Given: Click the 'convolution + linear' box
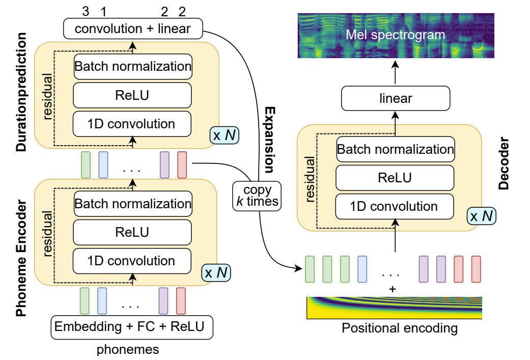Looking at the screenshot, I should tap(132, 29).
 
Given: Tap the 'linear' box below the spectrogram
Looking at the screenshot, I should tap(396, 98).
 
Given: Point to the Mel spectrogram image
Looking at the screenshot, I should tap(395, 35).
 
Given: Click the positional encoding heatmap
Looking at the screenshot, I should tap(394, 308).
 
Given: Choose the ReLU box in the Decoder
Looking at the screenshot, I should tap(394, 178).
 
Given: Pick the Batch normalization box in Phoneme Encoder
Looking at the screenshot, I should tap(132, 204).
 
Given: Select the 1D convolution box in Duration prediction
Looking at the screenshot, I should tap(132, 123).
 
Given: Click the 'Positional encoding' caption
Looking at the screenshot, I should tap(400, 328).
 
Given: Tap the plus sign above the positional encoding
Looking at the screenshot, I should tap(392, 289).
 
